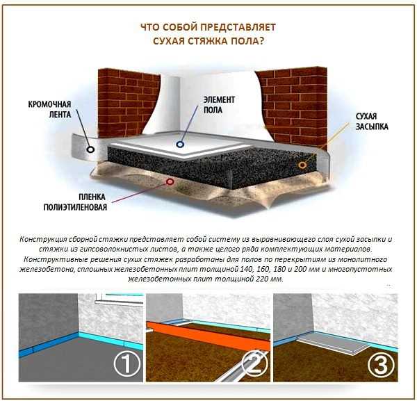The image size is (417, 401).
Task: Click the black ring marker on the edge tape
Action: pyautogui.click(x=90, y=149)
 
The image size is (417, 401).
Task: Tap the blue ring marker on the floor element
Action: pyautogui.click(x=180, y=145)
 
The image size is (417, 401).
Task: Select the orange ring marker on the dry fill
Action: pyautogui.click(x=302, y=165)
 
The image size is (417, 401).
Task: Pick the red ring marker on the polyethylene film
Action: pyautogui.click(x=170, y=182)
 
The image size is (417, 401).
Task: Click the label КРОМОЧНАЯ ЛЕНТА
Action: pyautogui.click(x=50, y=109)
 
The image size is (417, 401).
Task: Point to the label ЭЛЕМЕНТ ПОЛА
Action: pyautogui.click(x=219, y=105)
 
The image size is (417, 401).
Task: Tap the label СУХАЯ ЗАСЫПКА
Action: pyautogui.click(x=372, y=121)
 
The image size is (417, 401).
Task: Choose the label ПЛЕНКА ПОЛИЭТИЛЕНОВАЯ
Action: pyautogui.click(x=75, y=202)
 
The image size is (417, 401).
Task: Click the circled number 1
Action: pyautogui.click(x=127, y=363)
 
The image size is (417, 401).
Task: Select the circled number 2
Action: pyautogui.click(x=255, y=363)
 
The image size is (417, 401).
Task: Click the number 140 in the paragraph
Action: pyautogui.click(x=246, y=269)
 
